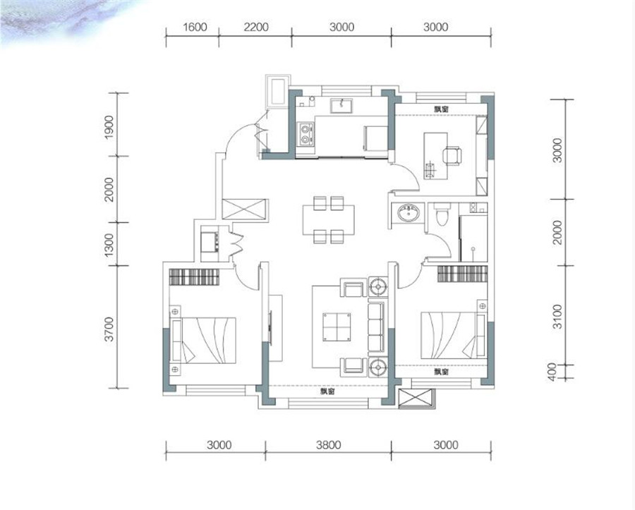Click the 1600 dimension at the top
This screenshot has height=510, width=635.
tap(195, 27)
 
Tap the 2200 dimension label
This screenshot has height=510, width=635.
tap(256, 27)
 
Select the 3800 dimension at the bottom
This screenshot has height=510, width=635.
tap(328, 445)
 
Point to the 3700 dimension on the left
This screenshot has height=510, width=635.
tap(109, 329)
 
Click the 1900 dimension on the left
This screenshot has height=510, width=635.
tap(109, 127)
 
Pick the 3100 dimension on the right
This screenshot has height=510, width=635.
tap(557, 317)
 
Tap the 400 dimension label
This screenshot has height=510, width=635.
tap(552, 372)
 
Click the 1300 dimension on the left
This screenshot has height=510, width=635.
tap(109, 244)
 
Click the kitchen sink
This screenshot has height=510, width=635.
tap(341, 106)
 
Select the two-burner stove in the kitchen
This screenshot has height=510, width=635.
tap(306, 134)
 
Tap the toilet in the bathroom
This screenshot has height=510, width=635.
tap(442, 214)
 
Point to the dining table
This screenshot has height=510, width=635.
tap(328, 220)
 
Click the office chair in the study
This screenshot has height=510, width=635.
tap(452, 156)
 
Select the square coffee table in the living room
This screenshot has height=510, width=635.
tap(337, 327)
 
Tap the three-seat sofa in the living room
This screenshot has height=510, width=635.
tap(376, 327)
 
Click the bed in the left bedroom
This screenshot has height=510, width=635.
tap(204, 341)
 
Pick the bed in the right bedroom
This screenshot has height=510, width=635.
tap(453, 335)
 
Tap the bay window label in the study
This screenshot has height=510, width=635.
tap(441, 109)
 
